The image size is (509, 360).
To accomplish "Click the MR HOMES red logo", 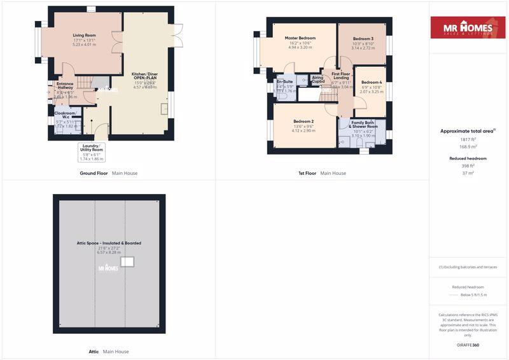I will (468, 28).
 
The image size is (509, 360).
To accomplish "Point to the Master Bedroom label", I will (300, 38).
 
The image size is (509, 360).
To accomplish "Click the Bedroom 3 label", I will (363, 39).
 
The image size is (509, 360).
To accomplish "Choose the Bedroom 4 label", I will (372, 83).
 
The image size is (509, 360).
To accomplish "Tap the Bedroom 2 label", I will (303, 121).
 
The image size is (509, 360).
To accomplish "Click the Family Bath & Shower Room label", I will (363, 124).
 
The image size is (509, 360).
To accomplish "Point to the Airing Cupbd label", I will (318, 80).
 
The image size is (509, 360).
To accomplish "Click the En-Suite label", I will (284, 82).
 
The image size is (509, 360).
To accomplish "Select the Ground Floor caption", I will (94, 173).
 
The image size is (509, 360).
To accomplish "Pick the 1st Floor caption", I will (307, 173).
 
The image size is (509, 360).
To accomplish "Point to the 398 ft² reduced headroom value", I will (468, 165).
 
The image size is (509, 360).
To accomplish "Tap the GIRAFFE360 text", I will (468, 345).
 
